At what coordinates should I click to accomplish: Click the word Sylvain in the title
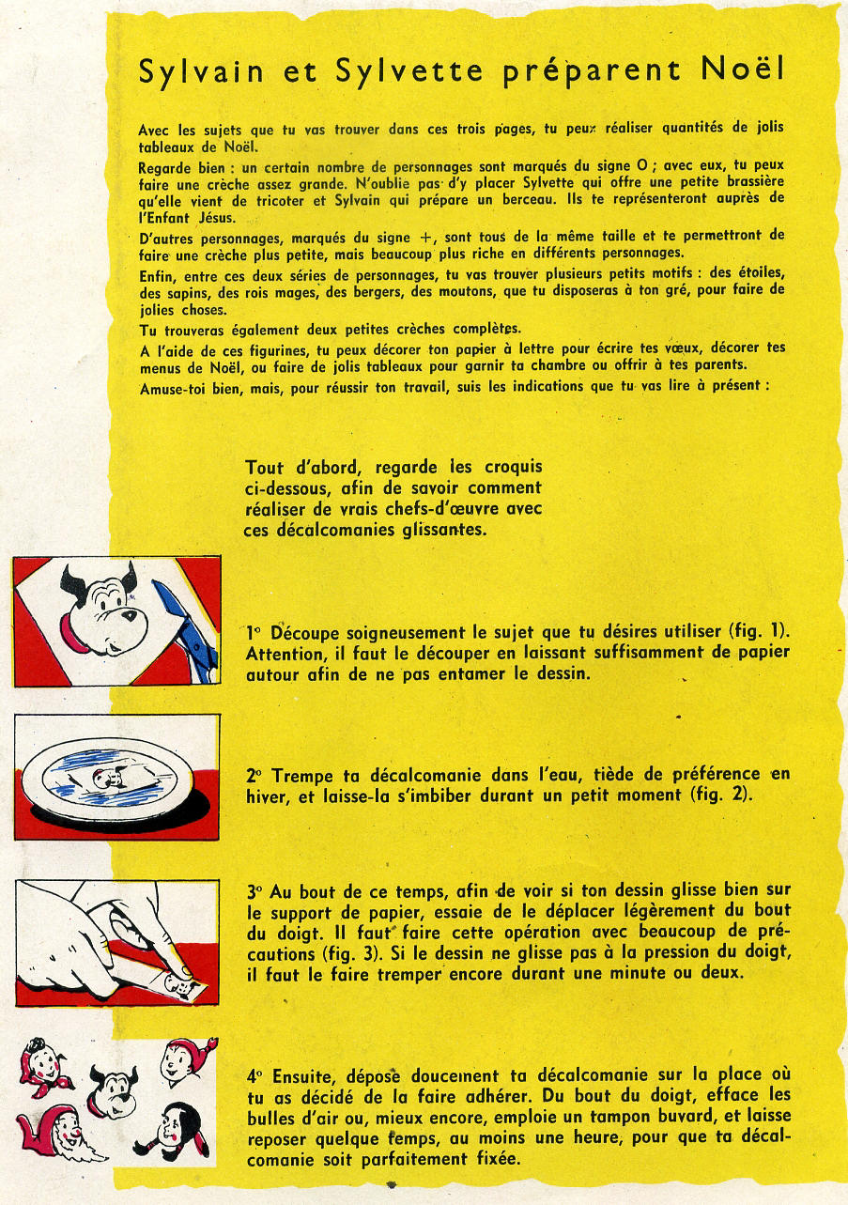[x=201, y=73]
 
